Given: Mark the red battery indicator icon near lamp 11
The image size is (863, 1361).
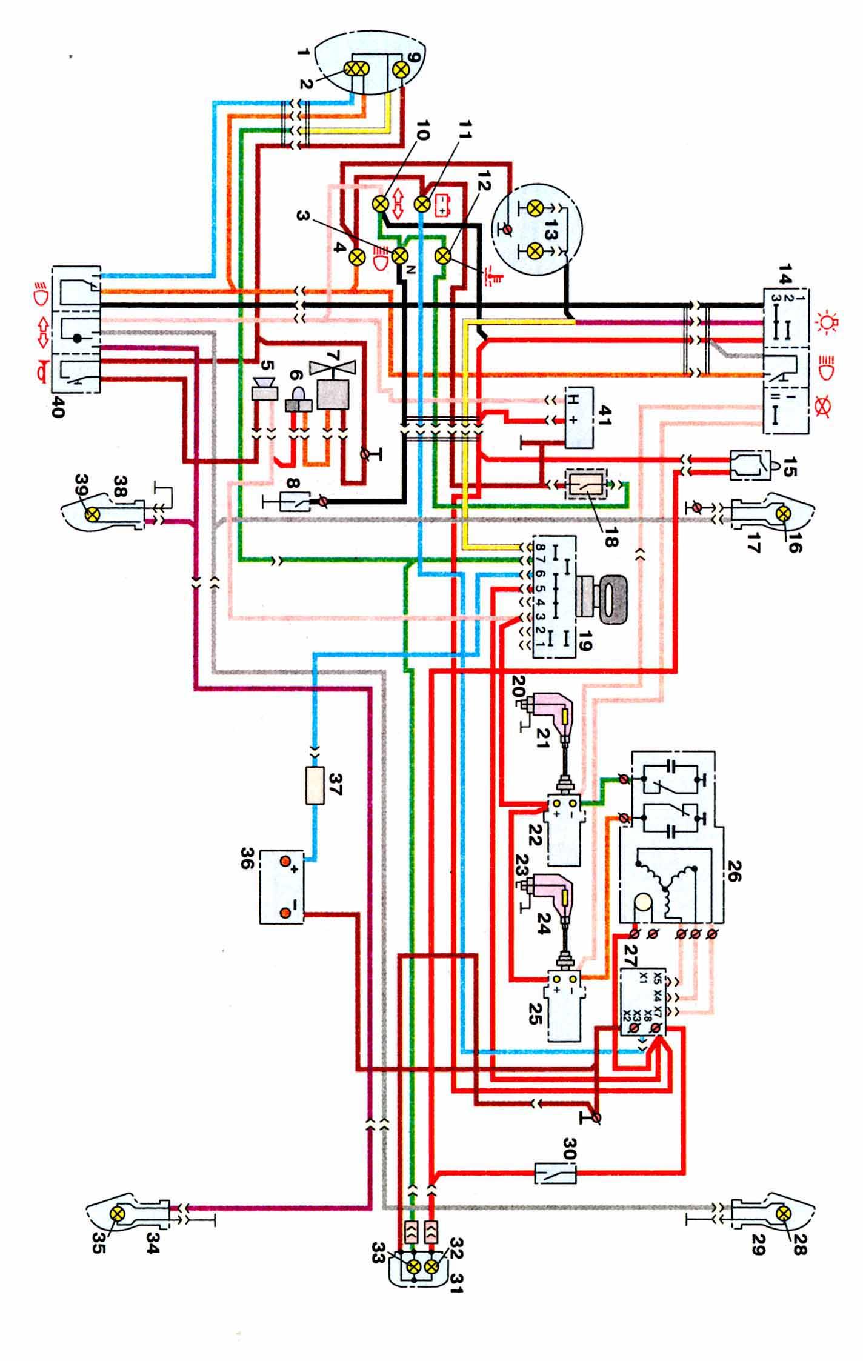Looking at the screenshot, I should [441, 205].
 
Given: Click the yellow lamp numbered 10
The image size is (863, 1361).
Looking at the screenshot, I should [380, 204].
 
